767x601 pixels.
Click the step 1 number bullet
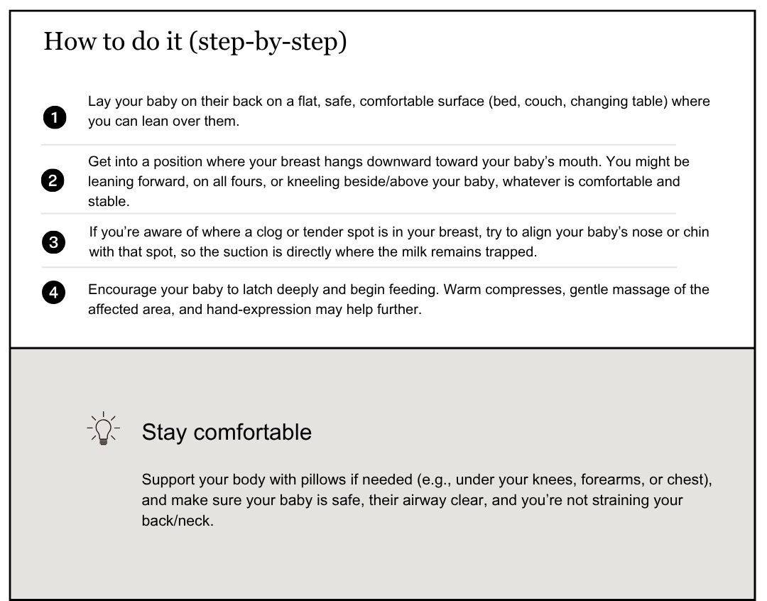pyautogui.click(x=55, y=117)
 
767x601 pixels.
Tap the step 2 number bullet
pyautogui.click(x=53, y=181)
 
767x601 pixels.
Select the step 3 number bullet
pyautogui.click(x=54, y=243)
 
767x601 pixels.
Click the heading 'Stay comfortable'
pyautogui.click(x=227, y=432)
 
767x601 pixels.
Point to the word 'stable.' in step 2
pyautogui.click(x=109, y=201)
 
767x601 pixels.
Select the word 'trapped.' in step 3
pyautogui.click(x=511, y=252)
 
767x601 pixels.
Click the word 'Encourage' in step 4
pyautogui.click(x=119, y=290)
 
